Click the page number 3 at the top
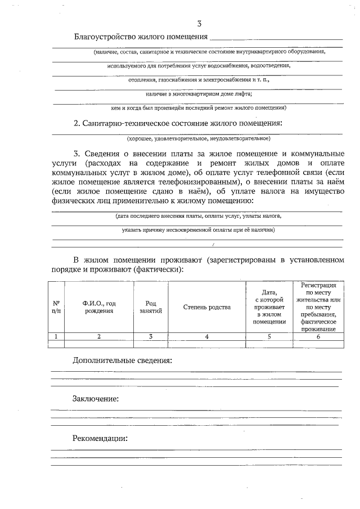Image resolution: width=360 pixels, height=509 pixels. pos(199,23)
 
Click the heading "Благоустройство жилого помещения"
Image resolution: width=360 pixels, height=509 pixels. pos(141,37)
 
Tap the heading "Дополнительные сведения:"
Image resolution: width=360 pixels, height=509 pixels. pos(122,360)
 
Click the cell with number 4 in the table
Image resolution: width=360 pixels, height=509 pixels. pos(207,336)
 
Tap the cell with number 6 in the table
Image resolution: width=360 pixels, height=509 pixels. pos(318,336)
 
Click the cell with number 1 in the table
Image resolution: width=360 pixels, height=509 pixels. pos(56,336)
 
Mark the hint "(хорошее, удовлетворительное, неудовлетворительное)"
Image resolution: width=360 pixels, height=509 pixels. pos(198,138)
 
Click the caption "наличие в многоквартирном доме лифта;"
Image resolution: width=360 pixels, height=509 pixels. pos(198,93)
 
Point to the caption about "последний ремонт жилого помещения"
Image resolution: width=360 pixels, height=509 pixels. pos(198,107)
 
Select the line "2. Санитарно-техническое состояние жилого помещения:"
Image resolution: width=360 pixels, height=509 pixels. pos(178,123)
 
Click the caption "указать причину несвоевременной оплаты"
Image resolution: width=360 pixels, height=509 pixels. pos(198,230)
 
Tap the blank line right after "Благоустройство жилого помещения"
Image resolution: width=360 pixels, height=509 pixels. pos(276,38)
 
